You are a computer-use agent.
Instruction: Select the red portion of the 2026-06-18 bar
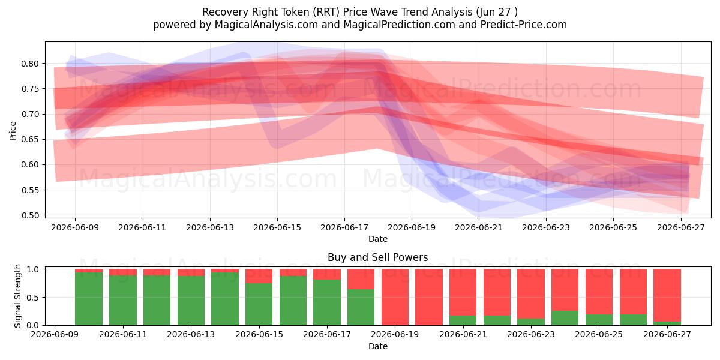pos(361,279)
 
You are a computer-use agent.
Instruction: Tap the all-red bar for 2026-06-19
pos(395,297)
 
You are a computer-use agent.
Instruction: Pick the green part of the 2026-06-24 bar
pos(565,318)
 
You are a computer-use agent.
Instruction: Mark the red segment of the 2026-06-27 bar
pos(667,295)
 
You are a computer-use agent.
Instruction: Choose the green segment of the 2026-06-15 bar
pos(259,304)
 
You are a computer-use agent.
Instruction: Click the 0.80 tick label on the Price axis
pos(30,64)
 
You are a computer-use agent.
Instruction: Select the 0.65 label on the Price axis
pos(30,139)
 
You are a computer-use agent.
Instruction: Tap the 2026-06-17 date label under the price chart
pos(344,227)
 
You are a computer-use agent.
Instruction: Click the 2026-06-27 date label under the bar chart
pos(667,334)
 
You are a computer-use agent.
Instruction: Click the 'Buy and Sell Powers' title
pos(377,257)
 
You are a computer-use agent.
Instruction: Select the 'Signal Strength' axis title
pos(17,296)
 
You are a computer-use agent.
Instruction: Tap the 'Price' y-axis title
pos(13,131)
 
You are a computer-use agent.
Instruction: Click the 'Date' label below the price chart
pos(377,239)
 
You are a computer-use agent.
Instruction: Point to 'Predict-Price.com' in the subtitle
pos(524,25)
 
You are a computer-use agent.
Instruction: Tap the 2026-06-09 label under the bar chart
pos(55,334)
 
